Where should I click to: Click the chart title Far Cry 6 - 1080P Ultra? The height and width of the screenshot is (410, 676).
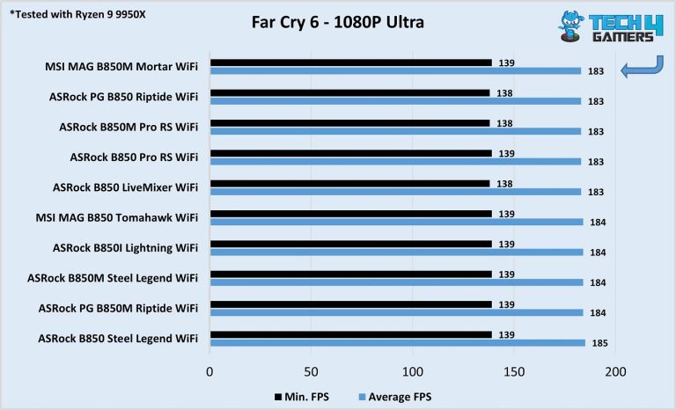337,22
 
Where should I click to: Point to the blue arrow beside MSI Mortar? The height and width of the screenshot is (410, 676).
641,68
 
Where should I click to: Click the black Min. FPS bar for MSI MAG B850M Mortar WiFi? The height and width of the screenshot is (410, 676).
350,62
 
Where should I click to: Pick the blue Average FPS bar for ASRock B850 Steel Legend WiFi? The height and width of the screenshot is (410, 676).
397,342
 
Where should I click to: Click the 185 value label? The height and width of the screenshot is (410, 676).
599,343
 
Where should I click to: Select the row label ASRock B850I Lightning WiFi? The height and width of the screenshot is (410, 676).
126,248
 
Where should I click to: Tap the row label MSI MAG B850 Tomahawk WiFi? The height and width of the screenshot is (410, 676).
122,217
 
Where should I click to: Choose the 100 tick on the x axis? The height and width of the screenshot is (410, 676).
412,372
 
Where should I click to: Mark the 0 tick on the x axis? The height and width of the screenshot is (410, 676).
209,372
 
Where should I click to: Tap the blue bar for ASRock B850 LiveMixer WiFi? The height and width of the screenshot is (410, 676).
395,191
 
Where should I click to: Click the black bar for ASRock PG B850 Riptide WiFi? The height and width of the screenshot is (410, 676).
349,92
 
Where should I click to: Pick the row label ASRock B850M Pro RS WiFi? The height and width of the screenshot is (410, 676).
129,127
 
